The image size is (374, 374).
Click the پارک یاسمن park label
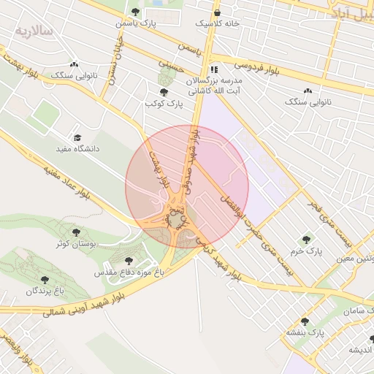pyautogui.click(x=135, y=23)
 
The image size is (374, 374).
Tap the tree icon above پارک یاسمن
pyautogui.click(x=136, y=11)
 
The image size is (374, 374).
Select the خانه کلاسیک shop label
pyautogui.click(x=217, y=23)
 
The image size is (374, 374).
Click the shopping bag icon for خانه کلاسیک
pyautogui.click(x=217, y=12)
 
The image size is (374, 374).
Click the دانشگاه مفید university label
pyautogui.click(x=77, y=148)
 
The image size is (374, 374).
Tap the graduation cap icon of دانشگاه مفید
pyautogui.click(x=77, y=137)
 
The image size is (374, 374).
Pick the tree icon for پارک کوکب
pyautogui.click(x=163, y=92)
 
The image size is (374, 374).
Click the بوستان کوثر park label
pyautogui.click(x=72, y=243)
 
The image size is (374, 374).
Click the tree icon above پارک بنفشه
pyautogui.click(x=305, y=321)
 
